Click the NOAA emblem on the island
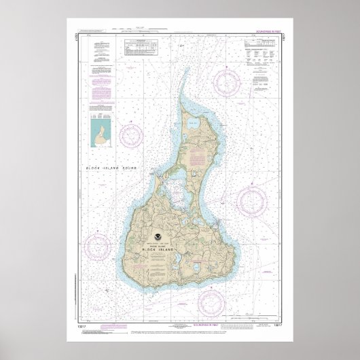click(158, 238)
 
